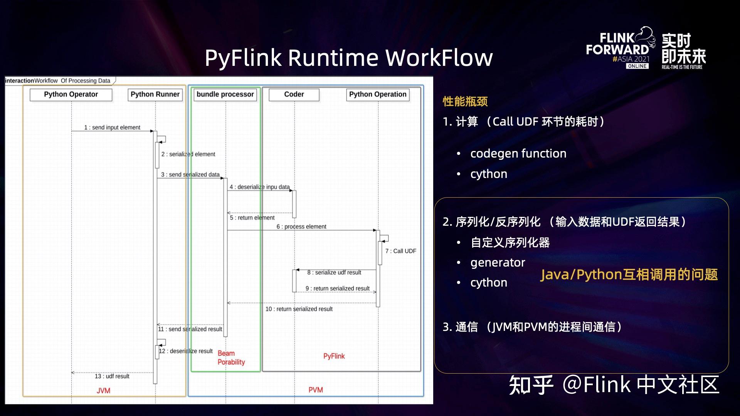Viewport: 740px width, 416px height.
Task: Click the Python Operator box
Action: click(x=71, y=95)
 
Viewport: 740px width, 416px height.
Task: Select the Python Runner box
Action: click(x=155, y=95)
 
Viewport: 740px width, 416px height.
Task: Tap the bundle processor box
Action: click(x=225, y=95)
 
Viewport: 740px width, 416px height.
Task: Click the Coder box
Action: click(x=294, y=95)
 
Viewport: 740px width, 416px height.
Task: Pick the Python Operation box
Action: click(x=378, y=95)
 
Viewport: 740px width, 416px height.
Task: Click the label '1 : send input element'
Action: click(x=112, y=127)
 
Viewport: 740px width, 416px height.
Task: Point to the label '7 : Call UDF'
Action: click(x=401, y=251)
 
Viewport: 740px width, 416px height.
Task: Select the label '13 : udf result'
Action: click(x=112, y=376)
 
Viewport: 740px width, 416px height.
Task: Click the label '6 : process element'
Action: click(x=301, y=227)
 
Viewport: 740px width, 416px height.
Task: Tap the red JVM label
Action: click(x=103, y=391)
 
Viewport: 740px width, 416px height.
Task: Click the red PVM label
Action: click(x=316, y=390)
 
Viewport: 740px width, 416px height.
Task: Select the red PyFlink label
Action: click(x=334, y=356)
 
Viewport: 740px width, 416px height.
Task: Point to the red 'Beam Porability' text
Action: click(x=231, y=358)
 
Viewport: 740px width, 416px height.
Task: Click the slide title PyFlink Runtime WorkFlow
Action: click(x=349, y=58)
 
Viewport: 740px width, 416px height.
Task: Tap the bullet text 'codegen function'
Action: click(x=518, y=154)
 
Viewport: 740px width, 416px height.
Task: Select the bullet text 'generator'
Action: click(x=498, y=263)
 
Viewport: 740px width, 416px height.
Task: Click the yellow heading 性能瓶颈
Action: click(x=465, y=102)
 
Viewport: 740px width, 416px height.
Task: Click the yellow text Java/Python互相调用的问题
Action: click(x=629, y=275)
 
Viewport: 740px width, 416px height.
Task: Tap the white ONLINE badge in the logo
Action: click(x=637, y=66)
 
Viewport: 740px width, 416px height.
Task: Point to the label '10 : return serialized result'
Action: click(x=299, y=309)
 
